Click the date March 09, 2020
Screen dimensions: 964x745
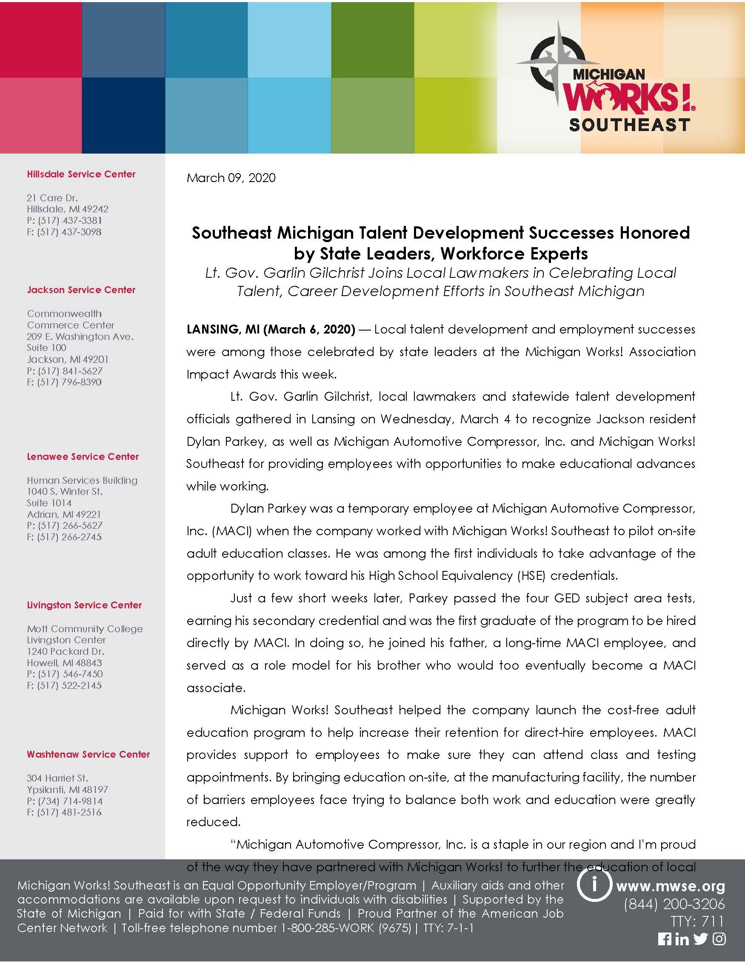pyautogui.click(x=231, y=178)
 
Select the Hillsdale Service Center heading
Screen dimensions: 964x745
pyautogui.click(x=81, y=174)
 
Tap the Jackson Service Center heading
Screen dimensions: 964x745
pyautogui.click(x=81, y=290)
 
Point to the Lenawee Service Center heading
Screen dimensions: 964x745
pyautogui.click(x=83, y=457)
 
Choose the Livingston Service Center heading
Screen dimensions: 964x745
pyautogui.click(x=84, y=605)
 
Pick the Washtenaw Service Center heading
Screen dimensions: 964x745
pyautogui.click(x=88, y=754)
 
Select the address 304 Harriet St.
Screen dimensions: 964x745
pyautogui.click(x=57, y=778)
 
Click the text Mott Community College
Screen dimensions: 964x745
pyautogui.click(x=85, y=628)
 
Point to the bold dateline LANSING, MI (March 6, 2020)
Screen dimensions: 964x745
pyautogui.click(x=271, y=329)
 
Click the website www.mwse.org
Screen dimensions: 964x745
pyautogui.click(x=671, y=886)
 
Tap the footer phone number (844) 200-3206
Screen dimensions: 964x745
pyautogui.click(x=674, y=904)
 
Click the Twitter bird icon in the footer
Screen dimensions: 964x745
pyautogui.click(x=700, y=939)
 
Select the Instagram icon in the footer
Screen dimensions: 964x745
pyautogui.click(x=719, y=939)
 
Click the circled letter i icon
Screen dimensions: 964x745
pyautogui.click(x=594, y=885)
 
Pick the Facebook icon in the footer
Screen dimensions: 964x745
pyautogui.click(x=664, y=939)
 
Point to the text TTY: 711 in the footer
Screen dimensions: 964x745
pyautogui.click(x=698, y=921)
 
